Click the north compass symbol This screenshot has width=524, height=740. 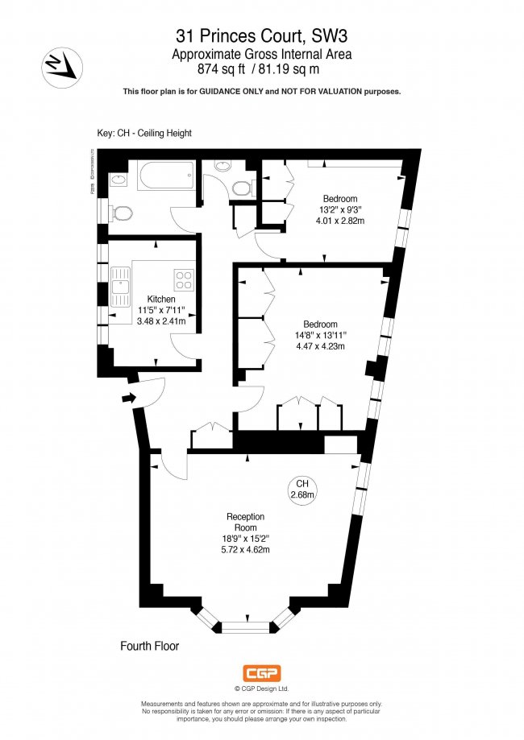(x=59, y=65)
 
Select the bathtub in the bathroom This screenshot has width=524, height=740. (x=166, y=176)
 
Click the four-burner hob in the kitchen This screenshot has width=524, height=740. (x=185, y=281)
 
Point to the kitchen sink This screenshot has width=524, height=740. (x=122, y=288)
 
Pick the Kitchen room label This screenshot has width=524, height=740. (x=160, y=300)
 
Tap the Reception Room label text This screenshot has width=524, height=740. (x=246, y=522)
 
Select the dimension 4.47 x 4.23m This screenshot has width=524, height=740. (x=321, y=347)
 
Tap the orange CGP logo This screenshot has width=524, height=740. (x=261, y=673)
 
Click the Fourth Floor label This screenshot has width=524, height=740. (x=149, y=646)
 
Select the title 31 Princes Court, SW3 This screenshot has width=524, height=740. (x=262, y=35)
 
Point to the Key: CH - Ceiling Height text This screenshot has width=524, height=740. (x=144, y=133)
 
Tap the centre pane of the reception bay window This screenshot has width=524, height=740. (x=247, y=625)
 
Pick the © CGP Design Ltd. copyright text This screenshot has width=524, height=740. (x=261, y=688)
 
